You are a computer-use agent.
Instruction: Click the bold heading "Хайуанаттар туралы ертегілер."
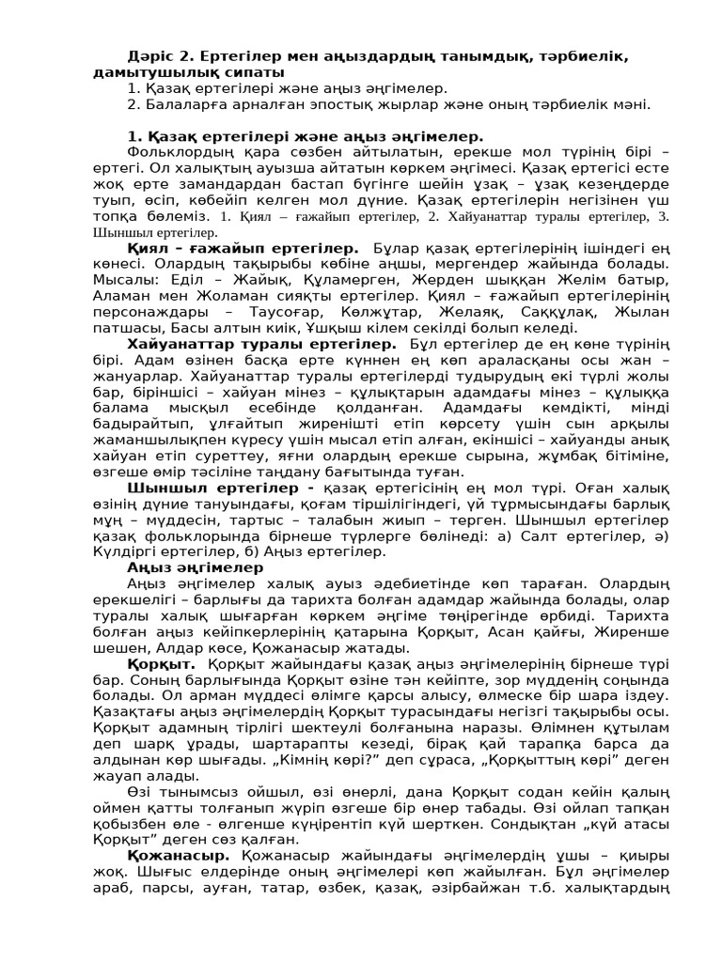[261, 345]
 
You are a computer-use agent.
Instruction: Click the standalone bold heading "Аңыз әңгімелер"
[196, 567]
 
